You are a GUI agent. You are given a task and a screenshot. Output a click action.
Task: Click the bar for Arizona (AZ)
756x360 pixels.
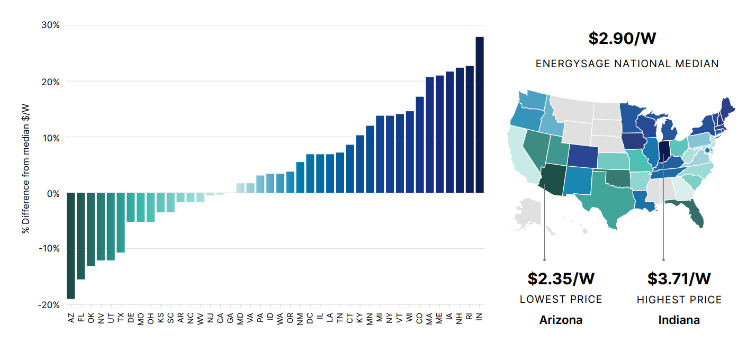(x=71, y=246)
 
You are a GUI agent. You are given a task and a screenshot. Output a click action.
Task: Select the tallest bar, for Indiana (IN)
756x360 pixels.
(x=480, y=115)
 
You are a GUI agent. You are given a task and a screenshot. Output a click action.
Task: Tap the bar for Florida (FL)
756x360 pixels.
(x=81, y=236)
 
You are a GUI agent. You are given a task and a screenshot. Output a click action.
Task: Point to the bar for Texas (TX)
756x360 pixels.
(x=121, y=222)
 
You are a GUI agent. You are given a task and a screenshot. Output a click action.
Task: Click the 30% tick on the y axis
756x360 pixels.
(x=51, y=25)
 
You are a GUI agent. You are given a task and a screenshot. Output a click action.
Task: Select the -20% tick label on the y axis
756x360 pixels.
(x=49, y=305)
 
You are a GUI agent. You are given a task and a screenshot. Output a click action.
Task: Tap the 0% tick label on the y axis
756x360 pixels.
(x=53, y=193)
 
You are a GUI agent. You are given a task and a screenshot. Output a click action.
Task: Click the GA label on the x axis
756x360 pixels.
(x=230, y=318)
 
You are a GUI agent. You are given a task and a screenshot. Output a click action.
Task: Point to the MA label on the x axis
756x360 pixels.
(x=430, y=318)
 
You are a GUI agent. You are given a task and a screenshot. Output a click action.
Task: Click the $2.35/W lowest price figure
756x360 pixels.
(x=561, y=278)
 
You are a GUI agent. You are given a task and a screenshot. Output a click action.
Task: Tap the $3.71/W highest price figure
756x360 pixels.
(x=679, y=278)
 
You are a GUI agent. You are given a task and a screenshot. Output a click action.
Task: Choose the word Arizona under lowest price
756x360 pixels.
(x=561, y=320)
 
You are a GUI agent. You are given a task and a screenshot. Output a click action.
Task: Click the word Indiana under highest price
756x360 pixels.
(x=679, y=320)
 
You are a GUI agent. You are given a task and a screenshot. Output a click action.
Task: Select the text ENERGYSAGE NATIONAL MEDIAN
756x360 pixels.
(x=627, y=64)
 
